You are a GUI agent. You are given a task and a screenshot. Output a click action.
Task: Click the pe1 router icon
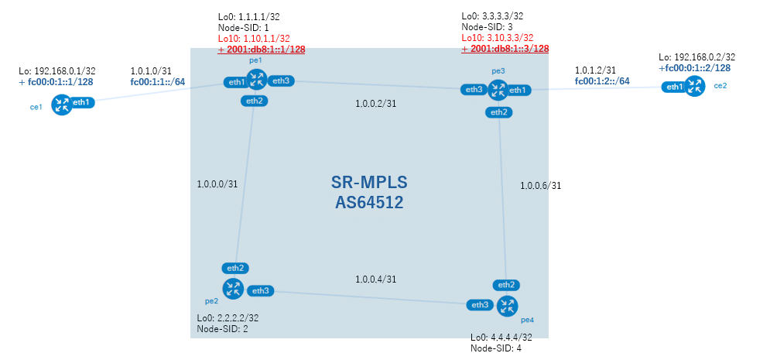coord(256,80)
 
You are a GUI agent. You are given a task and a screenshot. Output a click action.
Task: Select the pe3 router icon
coord(498,91)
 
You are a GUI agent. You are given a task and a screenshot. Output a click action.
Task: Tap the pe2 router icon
coord(233,289)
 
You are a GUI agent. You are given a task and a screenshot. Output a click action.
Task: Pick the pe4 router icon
coord(508,306)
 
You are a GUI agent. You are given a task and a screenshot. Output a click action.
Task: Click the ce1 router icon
coord(63,105)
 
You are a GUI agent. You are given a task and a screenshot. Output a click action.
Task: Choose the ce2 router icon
coord(694,87)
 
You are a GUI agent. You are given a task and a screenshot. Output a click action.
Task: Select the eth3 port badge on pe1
coord(280,81)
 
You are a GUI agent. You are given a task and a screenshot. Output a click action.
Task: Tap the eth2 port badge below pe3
coord(499,112)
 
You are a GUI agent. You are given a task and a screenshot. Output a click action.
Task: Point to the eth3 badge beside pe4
coord(481,305)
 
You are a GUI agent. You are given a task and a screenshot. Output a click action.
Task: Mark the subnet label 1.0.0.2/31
coord(375,104)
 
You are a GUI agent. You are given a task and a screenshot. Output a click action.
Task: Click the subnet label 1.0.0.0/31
coord(217,184)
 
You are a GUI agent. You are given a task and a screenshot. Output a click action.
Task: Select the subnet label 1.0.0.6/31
coord(541,186)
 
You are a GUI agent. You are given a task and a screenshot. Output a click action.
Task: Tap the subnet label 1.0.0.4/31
coord(375,279)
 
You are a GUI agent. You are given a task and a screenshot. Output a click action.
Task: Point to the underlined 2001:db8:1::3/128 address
coord(509,49)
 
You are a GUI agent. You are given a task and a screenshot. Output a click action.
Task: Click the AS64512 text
coord(369,202)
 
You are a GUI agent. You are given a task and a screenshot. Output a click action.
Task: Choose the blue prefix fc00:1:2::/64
coord(603,81)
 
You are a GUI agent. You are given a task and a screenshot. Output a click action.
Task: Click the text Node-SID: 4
coord(496,348)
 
